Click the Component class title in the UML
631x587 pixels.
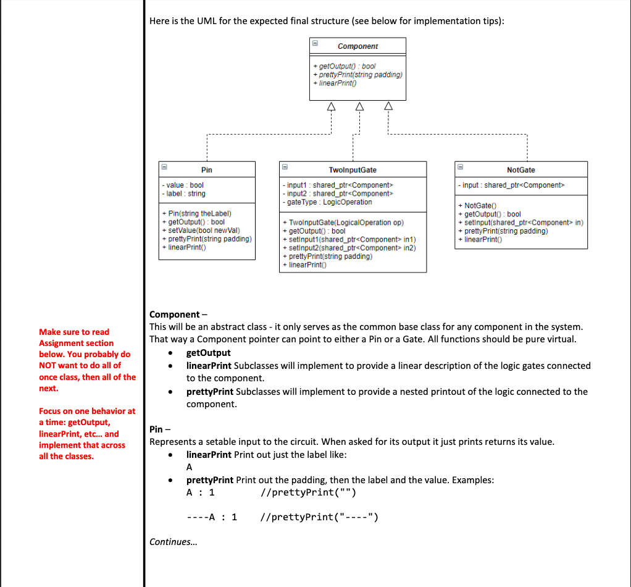click(x=357, y=46)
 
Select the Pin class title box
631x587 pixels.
click(x=207, y=170)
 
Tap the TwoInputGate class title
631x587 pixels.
click(x=353, y=170)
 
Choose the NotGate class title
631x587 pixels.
click(x=520, y=170)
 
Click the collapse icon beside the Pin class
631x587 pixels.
click(x=164, y=167)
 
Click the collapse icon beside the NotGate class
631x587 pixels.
click(x=460, y=167)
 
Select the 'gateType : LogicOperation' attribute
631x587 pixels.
click(x=327, y=202)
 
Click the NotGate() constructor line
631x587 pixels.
click(x=480, y=206)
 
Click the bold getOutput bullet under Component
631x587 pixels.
click(x=208, y=353)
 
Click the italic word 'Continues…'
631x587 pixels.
click(x=170, y=542)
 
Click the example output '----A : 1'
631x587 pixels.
click(x=212, y=517)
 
